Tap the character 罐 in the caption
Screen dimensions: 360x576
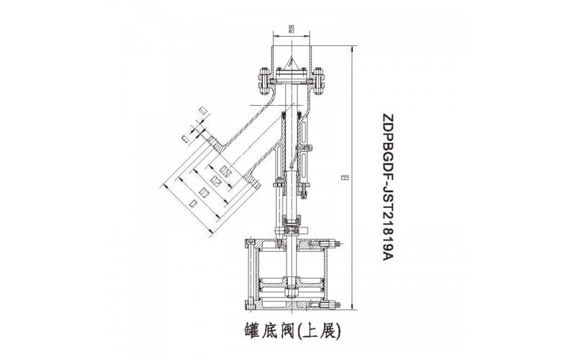click(x=245, y=331)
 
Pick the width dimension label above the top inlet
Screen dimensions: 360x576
click(x=290, y=30)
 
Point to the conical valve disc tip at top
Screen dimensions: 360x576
click(x=292, y=61)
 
